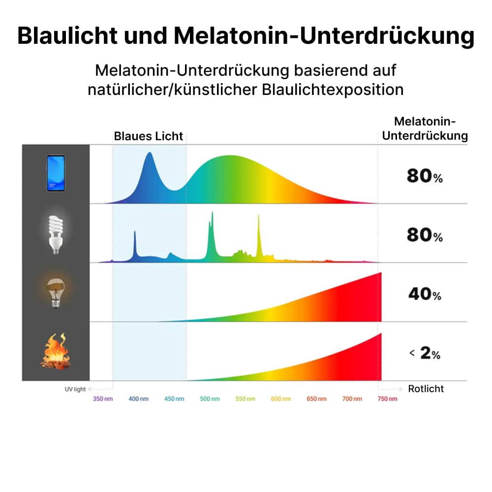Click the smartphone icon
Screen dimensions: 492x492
click(x=56, y=173)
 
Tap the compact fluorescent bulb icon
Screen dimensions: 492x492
click(x=56, y=233)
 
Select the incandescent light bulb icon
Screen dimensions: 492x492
click(x=56, y=292)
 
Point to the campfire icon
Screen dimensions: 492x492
click(x=55, y=351)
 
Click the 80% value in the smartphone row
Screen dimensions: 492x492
click(x=425, y=176)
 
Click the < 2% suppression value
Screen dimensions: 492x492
click(x=425, y=353)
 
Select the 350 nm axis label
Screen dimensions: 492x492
click(x=103, y=399)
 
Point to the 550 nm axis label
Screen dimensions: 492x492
click(x=246, y=399)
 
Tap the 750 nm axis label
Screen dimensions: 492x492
click(x=386, y=399)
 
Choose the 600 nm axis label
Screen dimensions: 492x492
click(x=281, y=399)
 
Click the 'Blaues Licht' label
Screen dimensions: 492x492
click(x=149, y=136)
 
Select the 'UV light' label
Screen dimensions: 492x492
click(x=75, y=389)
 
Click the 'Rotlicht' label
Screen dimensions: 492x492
click(x=426, y=389)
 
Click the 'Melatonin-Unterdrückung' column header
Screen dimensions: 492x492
click(x=425, y=128)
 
